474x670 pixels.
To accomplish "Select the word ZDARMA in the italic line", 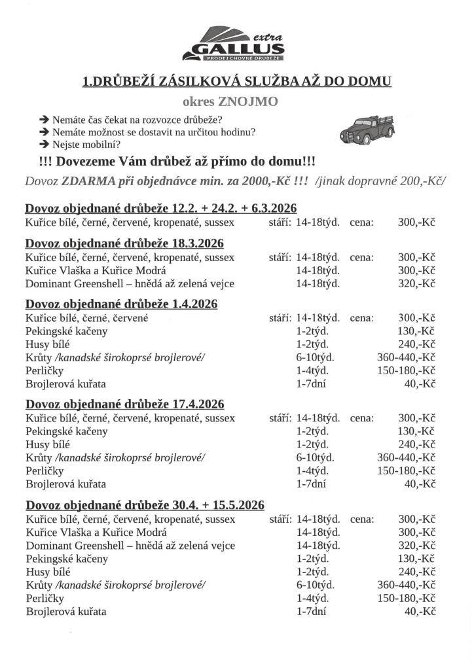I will pyautogui.click(x=90, y=182).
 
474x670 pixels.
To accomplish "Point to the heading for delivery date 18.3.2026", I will pyautogui.click(x=124, y=243).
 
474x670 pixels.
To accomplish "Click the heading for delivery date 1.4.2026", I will pyautogui.click(x=121, y=304).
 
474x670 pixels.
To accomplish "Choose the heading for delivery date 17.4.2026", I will pyautogui.click(x=124, y=404).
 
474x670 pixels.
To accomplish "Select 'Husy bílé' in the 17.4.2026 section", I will pyautogui.click(x=48, y=445).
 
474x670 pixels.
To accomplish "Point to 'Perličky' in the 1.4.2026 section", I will pyautogui.click(x=45, y=371).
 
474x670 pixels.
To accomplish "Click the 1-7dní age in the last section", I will pyautogui.click(x=311, y=611).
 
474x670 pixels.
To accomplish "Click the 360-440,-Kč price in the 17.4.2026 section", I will pyautogui.click(x=407, y=458).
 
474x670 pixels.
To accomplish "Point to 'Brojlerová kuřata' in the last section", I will pyautogui.click(x=65, y=612).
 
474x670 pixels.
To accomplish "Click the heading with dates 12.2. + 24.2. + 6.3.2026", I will pyautogui.click(x=161, y=209).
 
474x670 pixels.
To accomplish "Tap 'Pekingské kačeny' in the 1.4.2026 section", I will pyautogui.click(x=67, y=331).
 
